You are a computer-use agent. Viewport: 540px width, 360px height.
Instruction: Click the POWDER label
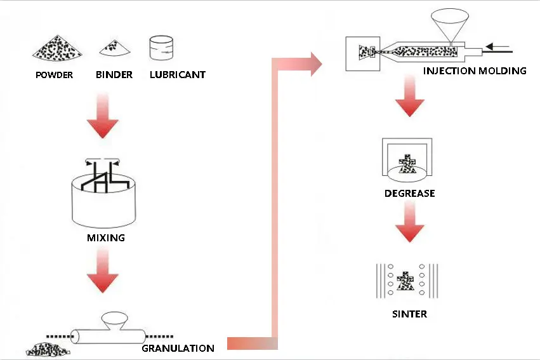(x=54, y=75)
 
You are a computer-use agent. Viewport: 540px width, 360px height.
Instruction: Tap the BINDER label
(x=114, y=74)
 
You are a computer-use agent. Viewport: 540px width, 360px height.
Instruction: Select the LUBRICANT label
(x=178, y=74)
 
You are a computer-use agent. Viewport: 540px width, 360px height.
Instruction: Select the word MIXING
(x=105, y=239)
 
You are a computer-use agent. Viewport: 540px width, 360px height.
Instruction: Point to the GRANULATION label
(x=178, y=348)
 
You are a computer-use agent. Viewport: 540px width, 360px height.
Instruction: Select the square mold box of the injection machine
(x=362, y=53)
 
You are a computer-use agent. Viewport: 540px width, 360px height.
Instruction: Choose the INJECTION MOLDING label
(x=475, y=70)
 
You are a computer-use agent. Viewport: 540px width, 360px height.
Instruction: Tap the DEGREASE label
(x=409, y=193)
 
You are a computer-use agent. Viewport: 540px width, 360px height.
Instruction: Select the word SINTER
(x=409, y=314)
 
